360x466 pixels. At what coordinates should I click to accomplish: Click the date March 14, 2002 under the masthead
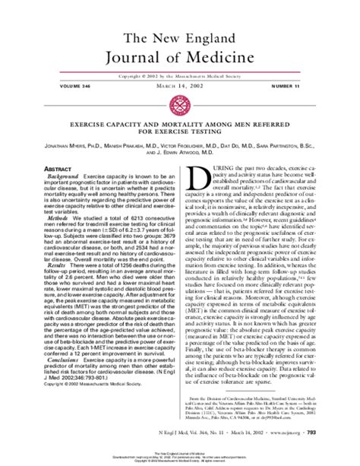tap(180, 95)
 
